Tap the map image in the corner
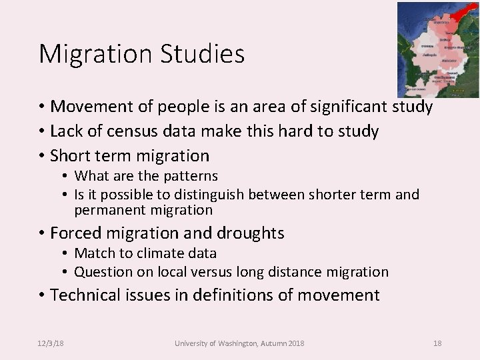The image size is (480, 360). pyautogui.click(x=438, y=50)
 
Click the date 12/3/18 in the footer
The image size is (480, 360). pyautogui.click(x=51, y=343)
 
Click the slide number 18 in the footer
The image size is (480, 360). pyautogui.click(x=437, y=343)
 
